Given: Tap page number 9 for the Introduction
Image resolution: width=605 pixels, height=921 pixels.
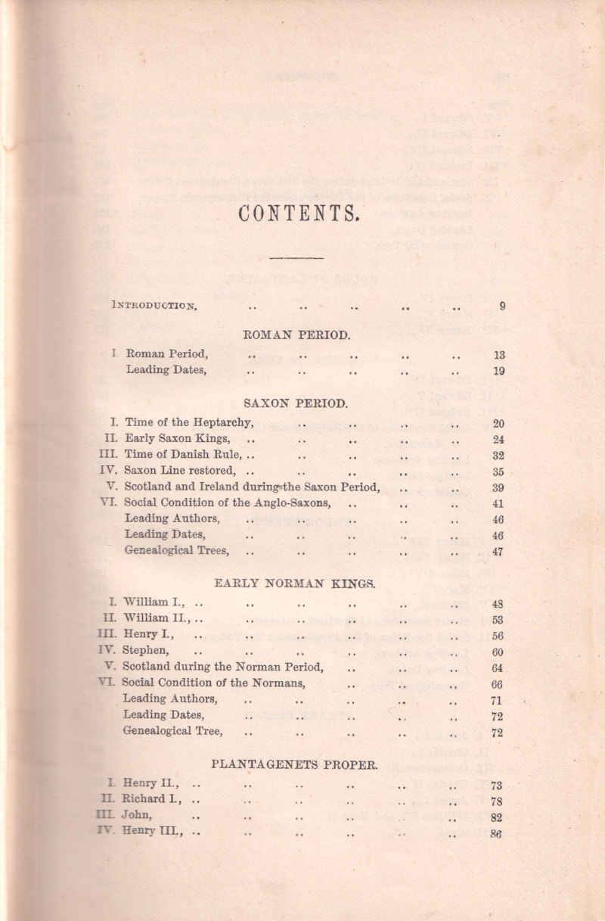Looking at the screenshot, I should coord(501,306).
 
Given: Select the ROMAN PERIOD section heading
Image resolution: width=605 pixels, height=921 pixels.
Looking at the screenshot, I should coord(297,333).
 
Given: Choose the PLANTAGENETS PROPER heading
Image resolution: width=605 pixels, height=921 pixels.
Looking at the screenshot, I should coord(294,764).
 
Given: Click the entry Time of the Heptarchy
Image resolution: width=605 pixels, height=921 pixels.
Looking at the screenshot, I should coord(188,422).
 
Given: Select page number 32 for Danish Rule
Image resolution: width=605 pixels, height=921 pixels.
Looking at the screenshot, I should coord(498,456).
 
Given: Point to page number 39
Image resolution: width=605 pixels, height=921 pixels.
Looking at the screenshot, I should coord(498,487).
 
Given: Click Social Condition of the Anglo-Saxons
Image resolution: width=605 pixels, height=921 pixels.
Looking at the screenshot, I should coord(227,503).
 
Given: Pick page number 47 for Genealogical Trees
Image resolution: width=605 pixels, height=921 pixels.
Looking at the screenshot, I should coord(498,552).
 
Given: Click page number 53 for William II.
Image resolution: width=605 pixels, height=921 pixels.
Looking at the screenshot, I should coord(498,620).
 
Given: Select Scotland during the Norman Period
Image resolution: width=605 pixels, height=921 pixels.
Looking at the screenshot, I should coord(223,667).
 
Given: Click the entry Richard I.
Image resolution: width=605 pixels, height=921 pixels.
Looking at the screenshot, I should coord(154,801).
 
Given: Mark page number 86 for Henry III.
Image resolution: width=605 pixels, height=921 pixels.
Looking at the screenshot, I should coord(497,834).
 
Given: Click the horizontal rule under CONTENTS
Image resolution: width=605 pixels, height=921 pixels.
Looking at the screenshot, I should coord(296,259).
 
